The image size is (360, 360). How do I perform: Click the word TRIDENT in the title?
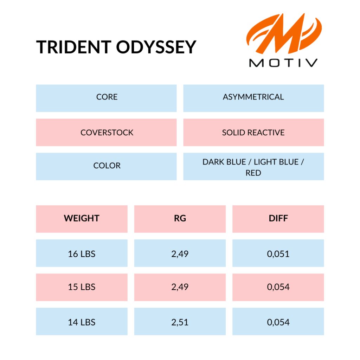point(74,47)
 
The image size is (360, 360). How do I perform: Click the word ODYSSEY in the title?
point(156,47)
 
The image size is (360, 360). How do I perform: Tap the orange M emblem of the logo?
point(284,33)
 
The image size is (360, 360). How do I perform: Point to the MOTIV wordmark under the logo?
point(283,63)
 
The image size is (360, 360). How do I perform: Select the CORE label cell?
point(106,98)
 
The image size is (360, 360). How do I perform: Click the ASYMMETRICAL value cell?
point(253,98)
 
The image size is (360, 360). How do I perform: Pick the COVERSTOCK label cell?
point(106,133)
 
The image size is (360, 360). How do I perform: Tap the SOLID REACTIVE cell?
point(253,133)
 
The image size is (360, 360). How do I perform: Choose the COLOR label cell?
point(106,166)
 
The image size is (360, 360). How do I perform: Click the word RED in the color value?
point(253,173)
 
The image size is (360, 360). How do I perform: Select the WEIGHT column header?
point(82,219)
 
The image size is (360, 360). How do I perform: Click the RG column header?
point(180,219)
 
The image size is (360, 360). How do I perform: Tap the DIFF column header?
point(278,219)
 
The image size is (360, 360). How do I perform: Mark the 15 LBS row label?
point(82,287)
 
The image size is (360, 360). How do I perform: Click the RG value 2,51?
point(180,322)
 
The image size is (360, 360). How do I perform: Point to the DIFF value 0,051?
point(278,254)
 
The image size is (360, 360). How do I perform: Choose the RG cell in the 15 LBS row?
point(180,287)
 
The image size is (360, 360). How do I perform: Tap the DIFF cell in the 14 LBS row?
point(278,321)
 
